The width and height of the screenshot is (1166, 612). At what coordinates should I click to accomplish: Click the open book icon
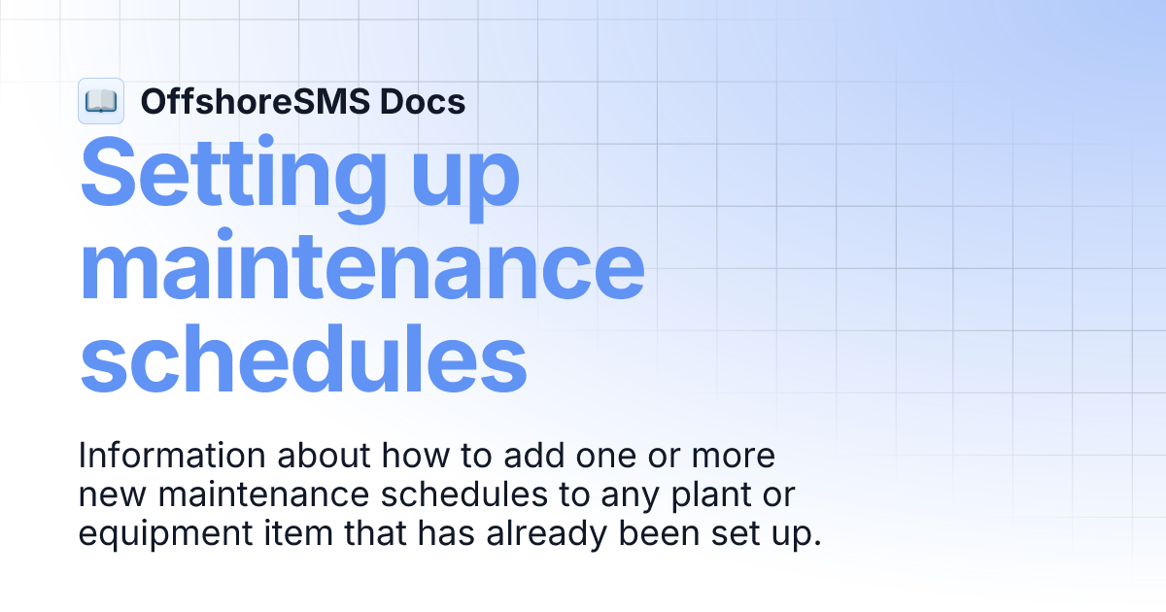click(101, 101)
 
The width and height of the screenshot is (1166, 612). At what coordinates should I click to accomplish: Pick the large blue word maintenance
click(361, 264)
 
